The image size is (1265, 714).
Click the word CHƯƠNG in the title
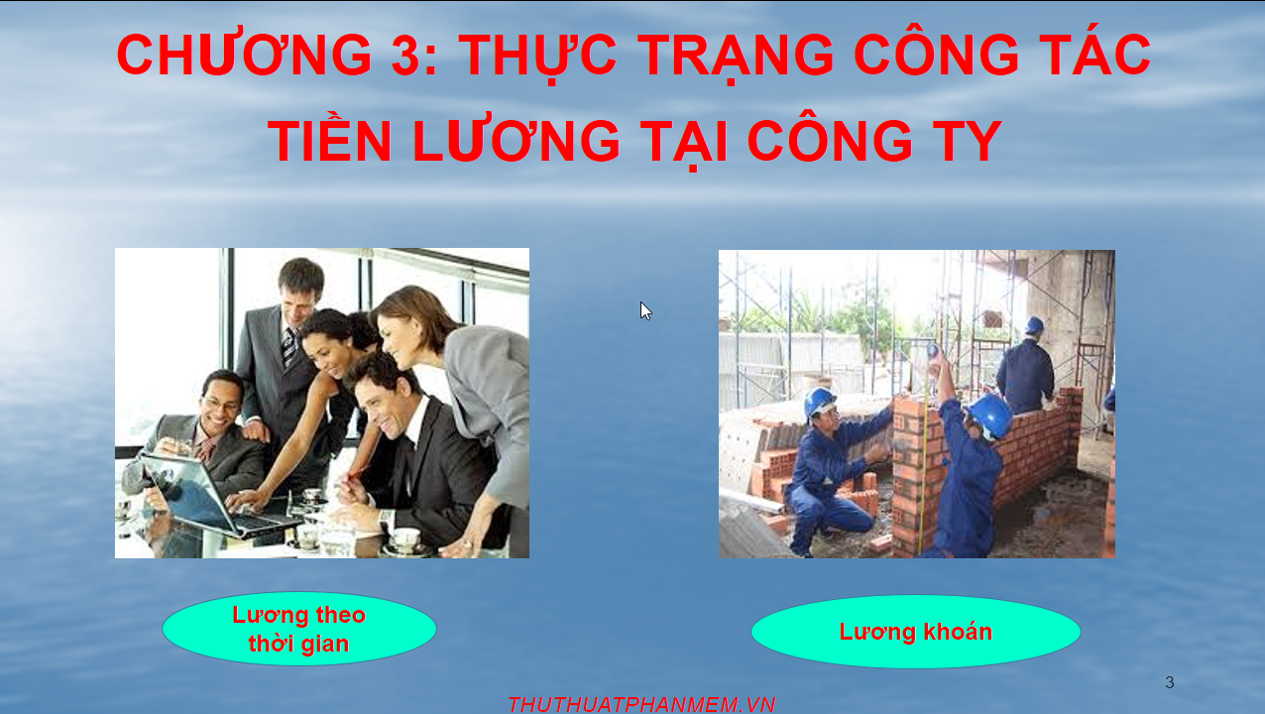(244, 55)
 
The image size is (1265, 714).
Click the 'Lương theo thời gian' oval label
(298, 629)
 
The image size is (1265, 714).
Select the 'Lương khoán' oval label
(915, 632)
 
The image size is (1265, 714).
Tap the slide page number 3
(1170, 682)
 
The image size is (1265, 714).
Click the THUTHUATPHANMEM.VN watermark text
(641, 704)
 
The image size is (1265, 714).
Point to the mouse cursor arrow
(645, 311)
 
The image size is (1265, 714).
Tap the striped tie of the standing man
(289, 346)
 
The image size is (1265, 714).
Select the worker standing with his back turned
(1025, 366)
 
